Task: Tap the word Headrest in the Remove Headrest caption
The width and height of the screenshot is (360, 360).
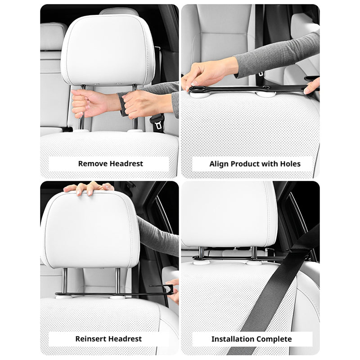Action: [x=126, y=164]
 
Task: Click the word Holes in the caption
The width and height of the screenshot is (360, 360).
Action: [x=290, y=164]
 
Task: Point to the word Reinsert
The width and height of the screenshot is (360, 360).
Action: [x=91, y=339]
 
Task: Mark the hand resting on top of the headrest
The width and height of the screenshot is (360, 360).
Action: [x=89, y=188]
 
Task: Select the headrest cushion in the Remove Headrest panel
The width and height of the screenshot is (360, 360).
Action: [x=108, y=49]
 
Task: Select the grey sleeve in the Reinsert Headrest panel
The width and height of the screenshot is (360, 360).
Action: [x=158, y=237]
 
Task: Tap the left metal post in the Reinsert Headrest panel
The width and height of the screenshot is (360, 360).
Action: [x=65, y=280]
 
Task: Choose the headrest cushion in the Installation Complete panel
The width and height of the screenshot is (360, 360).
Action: [x=229, y=215]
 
